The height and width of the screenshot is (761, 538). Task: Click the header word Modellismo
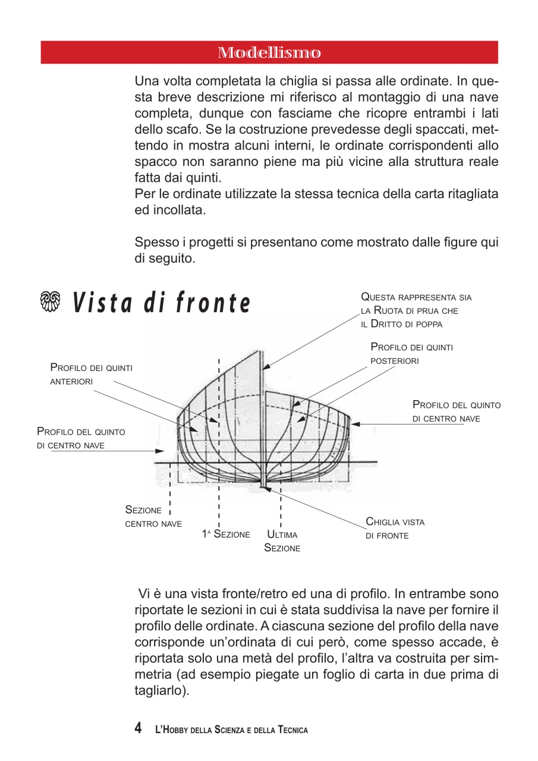click(x=269, y=53)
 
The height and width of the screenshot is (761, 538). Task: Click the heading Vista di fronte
click(x=161, y=303)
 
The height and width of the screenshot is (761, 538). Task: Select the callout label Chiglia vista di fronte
click(x=395, y=529)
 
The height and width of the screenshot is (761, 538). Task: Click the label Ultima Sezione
click(x=282, y=542)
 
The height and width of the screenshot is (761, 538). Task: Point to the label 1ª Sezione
click(x=225, y=534)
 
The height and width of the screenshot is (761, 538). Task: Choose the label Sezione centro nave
click(x=153, y=517)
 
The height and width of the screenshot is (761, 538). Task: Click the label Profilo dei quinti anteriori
click(x=91, y=375)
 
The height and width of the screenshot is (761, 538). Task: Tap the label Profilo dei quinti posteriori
click(x=411, y=353)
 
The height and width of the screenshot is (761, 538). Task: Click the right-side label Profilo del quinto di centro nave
click(x=456, y=411)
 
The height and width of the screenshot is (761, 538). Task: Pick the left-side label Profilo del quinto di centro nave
click(x=81, y=438)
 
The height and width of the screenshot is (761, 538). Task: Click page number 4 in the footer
click(x=138, y=728)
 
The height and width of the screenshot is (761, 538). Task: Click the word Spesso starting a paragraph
click(x=155, y=242)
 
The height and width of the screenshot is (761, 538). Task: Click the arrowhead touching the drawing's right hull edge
click(x=355, y=424)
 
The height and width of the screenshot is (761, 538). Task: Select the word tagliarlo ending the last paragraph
click(x=161, y=691)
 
